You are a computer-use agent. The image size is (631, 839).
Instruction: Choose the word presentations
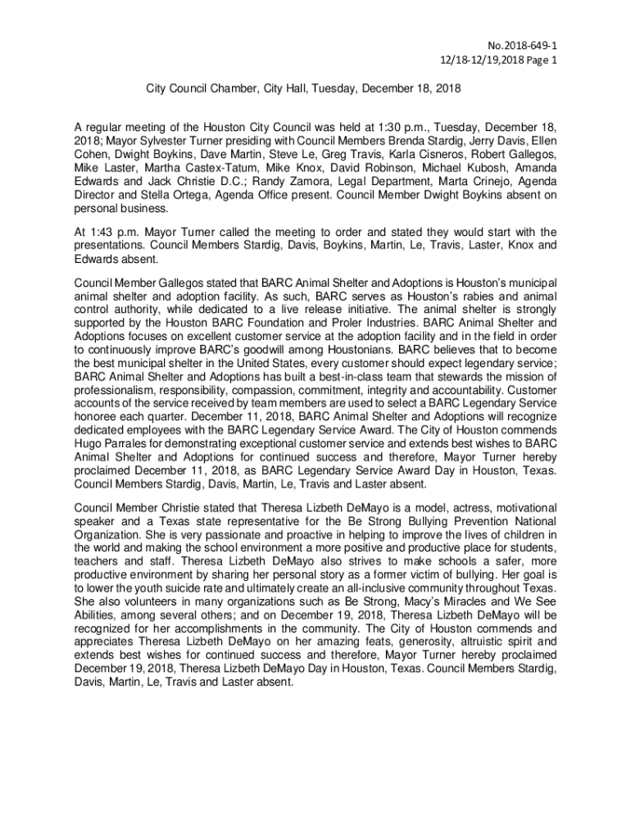[x=113, y=245]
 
